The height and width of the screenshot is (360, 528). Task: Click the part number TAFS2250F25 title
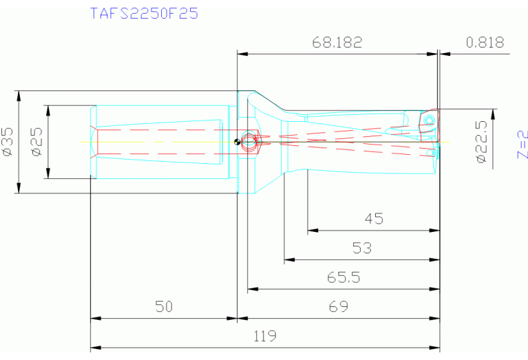144,12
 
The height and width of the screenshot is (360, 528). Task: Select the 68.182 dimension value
337,42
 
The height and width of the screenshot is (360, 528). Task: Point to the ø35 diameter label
8,141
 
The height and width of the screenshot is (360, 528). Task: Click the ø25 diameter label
37,141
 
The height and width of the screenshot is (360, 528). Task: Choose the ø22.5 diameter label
482,140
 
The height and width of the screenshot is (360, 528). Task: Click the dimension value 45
373,219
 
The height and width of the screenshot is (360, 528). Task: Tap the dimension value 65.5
343,278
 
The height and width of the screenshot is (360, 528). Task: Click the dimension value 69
338,307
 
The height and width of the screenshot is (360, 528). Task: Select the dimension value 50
163,307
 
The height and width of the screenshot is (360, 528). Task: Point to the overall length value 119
264,337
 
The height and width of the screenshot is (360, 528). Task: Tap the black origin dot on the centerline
237,142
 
